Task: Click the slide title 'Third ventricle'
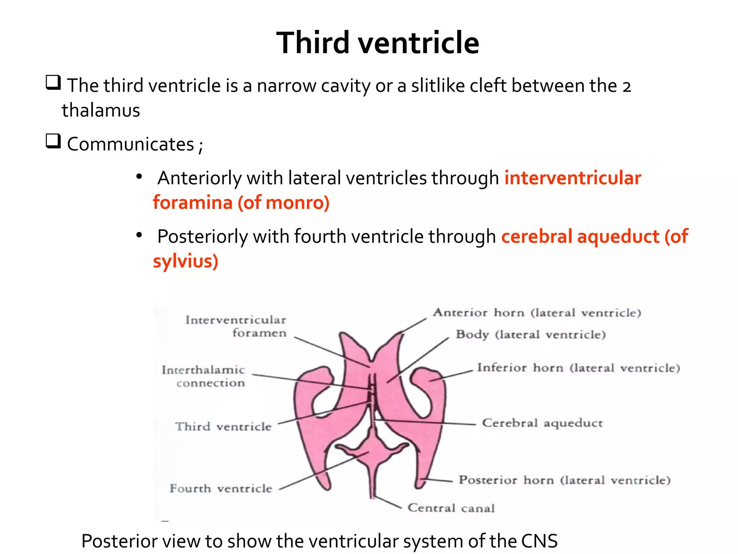click(x=378, y=43)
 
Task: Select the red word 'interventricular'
click(x=573, y=178)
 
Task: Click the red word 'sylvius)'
click(x=186, y=261)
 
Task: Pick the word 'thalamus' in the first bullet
click(x=101, y=110)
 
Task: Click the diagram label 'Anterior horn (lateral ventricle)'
click(x=537, y=313)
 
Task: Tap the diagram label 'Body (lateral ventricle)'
click(x=530, y=334)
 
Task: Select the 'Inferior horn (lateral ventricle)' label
click(x=578, y=368)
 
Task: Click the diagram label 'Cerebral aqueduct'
click(x=542, y=423)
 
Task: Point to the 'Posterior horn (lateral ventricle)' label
click(x=564, y=480)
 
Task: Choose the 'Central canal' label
click(x=451, y=508)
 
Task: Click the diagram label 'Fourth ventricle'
click(x=221, y=488)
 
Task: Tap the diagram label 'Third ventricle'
click(x=223, y=427)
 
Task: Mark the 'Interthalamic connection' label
click(x=204, y=376)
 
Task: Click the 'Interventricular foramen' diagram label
click(x=236, y=326)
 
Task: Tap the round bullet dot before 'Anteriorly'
click(x=139, y=177)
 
